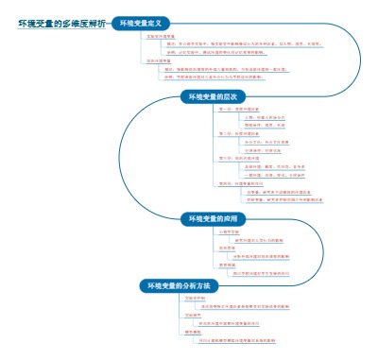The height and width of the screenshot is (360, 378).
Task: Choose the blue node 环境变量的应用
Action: pos(215,216)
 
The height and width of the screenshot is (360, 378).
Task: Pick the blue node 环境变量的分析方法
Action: pos(179,284)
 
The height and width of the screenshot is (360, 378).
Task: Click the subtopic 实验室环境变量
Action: pos(162,36)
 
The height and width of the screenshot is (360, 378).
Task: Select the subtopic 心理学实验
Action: pos(228,231)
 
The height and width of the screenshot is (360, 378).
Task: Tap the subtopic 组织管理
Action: pos(226,248)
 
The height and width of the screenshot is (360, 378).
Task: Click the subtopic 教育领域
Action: pos(226,265)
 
